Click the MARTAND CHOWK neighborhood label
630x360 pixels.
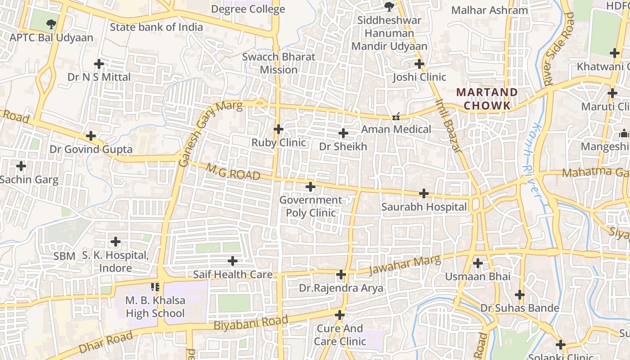[487, 99]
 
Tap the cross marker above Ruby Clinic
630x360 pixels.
[279, 130]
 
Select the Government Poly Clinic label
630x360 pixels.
[310, 206]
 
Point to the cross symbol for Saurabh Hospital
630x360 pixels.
[423, 194]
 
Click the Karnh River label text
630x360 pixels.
[531, 159]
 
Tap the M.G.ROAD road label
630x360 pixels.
[233, 172]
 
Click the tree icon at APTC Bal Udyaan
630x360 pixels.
[51, 24]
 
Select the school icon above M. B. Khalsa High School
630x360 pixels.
[155, 287]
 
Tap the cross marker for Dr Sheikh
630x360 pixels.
[343, 133]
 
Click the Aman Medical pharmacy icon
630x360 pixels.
[396, 117]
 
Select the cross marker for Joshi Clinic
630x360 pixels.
[419, 64]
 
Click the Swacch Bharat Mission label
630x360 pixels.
[279, 63]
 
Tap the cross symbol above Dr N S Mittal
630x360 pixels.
[99, 64]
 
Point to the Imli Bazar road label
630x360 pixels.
[449, 126]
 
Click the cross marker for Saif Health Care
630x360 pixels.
[233, 261]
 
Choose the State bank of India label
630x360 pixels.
[156, 27]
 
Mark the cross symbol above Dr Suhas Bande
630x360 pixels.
[520, 295]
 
